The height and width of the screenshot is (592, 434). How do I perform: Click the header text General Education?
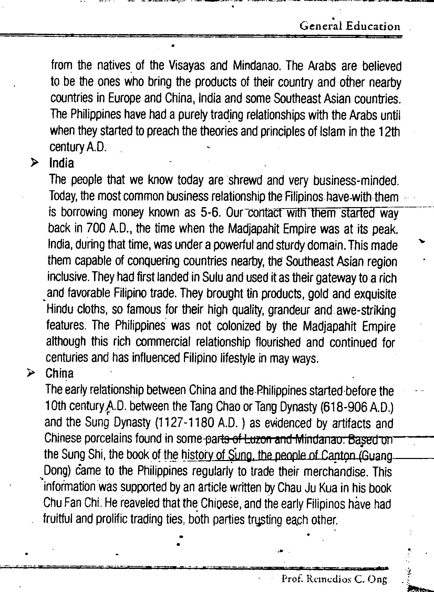point(350,26)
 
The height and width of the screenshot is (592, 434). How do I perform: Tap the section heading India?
point(62,163)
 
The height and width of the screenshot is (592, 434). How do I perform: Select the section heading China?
point(59,374)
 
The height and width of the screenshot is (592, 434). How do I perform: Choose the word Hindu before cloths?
point(59,310)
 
